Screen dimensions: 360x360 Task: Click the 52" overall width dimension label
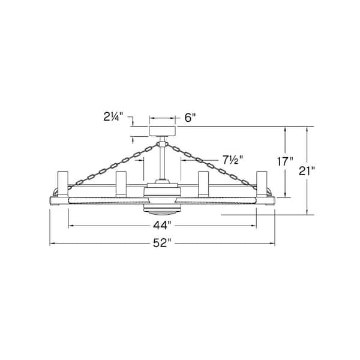(x=163, y=243)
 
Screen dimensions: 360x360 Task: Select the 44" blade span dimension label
(x=163, y=226)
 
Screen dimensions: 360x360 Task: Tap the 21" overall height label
(x=307, y=171)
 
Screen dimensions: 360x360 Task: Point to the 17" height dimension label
(x=285, y=161)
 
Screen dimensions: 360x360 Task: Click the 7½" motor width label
(x=233, y=160)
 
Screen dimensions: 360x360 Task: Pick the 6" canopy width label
(x=190, y=118)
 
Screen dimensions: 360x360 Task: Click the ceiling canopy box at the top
(x=163, y=131)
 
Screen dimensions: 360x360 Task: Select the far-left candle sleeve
(x=62, y=184)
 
